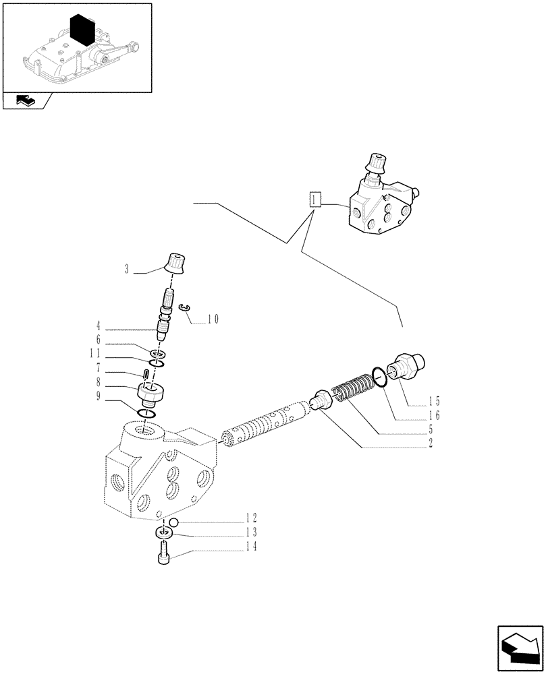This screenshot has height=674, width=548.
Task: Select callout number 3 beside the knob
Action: pos(126,270)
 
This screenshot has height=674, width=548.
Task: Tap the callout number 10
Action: pos(213,319)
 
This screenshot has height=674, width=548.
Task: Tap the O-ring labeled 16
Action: pos(381,377)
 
